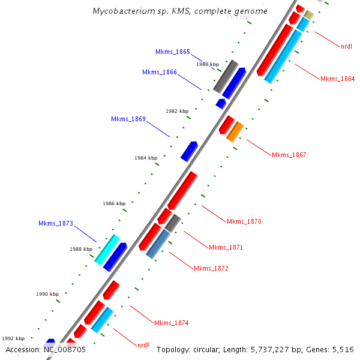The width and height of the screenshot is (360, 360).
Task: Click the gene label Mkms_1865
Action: click(x=172, y=52)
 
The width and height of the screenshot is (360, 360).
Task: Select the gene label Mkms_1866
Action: click(x=159, y=73)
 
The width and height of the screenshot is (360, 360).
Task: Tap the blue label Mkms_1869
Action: click(x=128, y=119)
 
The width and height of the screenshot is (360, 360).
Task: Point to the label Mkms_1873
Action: click(x=55, y=224)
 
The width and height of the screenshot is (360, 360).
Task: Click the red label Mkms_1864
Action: click(x=337, y=79)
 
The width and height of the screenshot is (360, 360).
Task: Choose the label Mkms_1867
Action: click(x=289, y=155)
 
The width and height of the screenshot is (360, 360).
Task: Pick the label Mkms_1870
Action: click(x=244, y=222)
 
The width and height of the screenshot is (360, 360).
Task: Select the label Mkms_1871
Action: click(x=226, y=247)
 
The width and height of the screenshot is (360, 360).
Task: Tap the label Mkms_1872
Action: click(x=211, y=268)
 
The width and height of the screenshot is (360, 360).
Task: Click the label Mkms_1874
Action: click(x=171, y=323)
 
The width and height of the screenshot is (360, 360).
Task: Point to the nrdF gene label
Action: click(x=143, y=345)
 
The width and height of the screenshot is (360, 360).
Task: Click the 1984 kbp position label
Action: click(x=146, y=158)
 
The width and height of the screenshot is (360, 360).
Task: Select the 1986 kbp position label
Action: click(x=114, y=204)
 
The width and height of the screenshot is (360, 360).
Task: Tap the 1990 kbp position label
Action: click(x=47, y=295)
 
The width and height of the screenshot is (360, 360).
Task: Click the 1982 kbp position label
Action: click(x=177, y=112)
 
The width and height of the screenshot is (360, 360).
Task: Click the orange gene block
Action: click(x=235, y=131)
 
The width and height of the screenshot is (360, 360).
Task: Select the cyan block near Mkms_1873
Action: click(x=107, y=249)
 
